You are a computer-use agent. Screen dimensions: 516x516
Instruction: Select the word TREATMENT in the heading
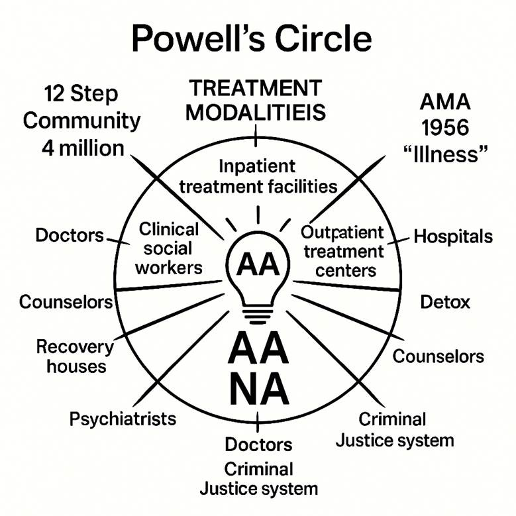255,88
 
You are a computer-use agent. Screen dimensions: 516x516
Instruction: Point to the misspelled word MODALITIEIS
255,113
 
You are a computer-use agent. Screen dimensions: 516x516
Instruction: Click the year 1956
445,128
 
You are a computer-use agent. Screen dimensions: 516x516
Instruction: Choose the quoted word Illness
445,154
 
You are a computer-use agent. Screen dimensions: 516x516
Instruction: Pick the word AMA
445,103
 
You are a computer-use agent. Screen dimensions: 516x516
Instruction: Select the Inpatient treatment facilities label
258,176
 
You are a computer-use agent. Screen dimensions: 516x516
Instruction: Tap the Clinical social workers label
170,248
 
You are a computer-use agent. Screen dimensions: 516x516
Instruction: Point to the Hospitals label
453,236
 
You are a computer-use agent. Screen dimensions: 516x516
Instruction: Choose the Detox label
445,302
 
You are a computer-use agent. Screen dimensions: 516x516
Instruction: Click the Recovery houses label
75,356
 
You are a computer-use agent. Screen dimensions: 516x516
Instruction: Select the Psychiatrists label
123,419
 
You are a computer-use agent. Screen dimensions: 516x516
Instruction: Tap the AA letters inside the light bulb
258,265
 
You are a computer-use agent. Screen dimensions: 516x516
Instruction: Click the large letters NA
258,389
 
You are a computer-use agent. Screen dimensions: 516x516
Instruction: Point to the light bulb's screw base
258,310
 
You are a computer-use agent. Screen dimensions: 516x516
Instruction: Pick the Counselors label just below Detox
439,356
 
